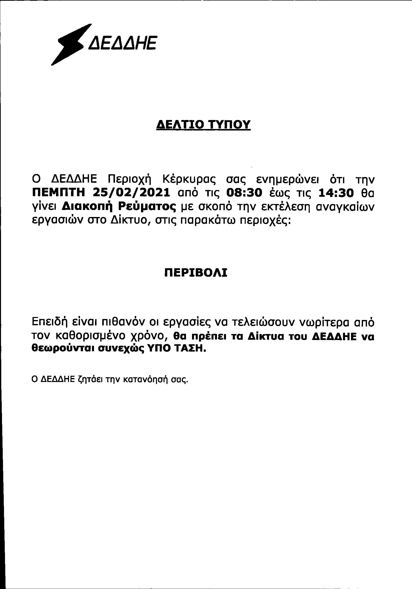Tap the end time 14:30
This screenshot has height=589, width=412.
[x=336, y=193]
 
